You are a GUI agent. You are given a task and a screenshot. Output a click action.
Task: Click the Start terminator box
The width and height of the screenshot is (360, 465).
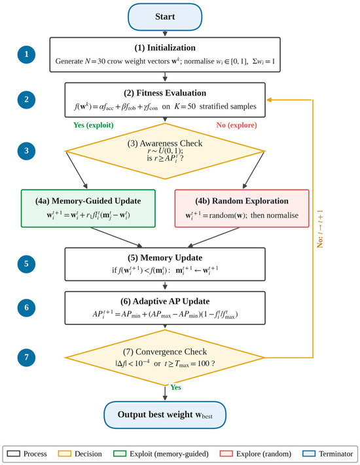pos(165,16)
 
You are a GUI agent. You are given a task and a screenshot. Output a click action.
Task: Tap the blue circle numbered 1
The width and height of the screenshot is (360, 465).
pos(26,54)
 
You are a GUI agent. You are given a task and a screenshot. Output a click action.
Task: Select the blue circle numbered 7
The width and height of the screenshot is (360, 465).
pos(26,357)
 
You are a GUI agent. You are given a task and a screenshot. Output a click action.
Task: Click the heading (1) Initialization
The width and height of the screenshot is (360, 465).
pos(165,48)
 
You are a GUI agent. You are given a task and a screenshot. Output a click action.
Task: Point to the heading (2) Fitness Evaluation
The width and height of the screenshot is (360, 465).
pos(165,93)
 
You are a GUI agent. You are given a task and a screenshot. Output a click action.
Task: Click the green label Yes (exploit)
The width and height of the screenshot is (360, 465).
pos(94,125)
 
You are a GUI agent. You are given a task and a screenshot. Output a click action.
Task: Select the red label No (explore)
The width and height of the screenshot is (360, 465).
pos(236,125)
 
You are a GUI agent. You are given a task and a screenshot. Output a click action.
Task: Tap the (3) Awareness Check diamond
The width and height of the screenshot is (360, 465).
pos(165,151)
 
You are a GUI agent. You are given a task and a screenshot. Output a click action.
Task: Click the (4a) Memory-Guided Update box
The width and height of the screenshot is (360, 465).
pos(88,209)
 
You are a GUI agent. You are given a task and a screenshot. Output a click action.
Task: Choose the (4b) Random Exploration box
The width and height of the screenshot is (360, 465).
pos(242,209)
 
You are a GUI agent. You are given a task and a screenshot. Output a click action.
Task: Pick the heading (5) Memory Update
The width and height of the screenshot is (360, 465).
pos(165,258)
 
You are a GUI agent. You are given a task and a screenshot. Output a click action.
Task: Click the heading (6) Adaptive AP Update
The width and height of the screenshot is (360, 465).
pos(165,301)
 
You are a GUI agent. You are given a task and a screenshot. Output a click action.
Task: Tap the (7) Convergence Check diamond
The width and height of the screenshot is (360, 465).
pos(165,358)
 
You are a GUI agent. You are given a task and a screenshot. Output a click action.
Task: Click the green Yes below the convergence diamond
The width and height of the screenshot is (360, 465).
pos(175,387)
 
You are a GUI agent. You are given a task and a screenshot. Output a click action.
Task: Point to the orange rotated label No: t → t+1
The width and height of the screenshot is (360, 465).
pos(320,229)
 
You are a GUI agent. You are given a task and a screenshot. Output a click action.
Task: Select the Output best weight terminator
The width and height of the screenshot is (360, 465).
pos(165,415)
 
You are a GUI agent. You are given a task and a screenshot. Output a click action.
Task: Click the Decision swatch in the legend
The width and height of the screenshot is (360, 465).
pos(64,454)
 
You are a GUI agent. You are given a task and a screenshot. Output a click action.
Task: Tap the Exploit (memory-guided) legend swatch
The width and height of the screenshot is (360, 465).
pos(120,454)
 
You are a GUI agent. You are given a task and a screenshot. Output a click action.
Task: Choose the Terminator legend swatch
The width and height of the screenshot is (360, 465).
pos(309,454)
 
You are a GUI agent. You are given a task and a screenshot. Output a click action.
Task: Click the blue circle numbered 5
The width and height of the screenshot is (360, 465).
pos(26,264)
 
